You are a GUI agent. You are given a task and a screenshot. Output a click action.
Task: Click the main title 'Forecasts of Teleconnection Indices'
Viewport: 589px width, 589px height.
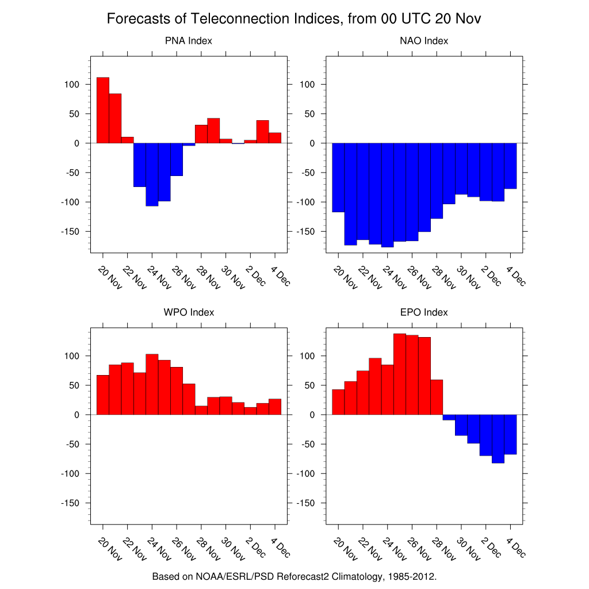(x=294, y=19)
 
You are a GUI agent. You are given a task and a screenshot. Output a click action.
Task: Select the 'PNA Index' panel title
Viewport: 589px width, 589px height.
(x=188, y=41)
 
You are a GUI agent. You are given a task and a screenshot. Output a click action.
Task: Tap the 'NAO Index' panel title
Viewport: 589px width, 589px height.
(x=424, y=41)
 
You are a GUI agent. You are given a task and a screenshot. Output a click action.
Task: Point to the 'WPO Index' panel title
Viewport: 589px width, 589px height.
(x=189, y=312)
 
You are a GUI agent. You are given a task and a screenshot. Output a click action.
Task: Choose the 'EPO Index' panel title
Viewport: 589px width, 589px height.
(x=424, y=312)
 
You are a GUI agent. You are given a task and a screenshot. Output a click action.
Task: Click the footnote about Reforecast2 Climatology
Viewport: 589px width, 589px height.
(x=294, y=576)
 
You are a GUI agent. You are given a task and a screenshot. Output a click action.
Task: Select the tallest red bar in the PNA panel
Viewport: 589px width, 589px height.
(x=103, y=110)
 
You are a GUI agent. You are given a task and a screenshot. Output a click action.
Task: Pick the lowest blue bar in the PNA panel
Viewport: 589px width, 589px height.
(x=152, y=174)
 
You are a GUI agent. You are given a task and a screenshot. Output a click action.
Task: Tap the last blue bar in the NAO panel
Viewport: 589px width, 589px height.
(x=510, y=166)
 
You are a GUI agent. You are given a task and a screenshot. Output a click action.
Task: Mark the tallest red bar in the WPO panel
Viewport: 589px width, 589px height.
(x=152, y=384)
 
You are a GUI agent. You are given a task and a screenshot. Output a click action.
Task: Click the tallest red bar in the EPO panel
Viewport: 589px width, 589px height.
(x=400, y=374)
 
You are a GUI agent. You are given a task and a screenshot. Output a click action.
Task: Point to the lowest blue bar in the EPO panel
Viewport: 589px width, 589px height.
(x=498, y=438)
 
